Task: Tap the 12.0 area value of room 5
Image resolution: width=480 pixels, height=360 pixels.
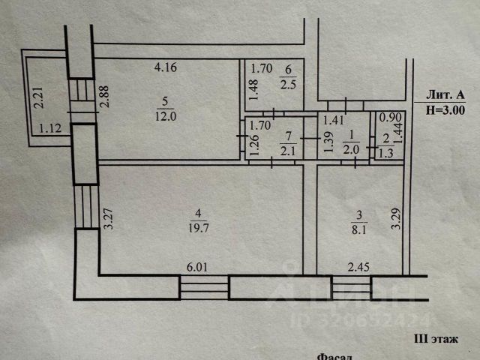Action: point(163,115)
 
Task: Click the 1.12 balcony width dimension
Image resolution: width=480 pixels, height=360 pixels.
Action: point(49,127)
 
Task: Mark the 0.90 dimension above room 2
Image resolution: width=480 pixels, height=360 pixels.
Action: point(388,118)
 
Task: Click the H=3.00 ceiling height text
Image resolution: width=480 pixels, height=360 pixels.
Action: point(445,109)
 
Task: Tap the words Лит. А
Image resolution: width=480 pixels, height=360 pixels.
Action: point(445,94)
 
